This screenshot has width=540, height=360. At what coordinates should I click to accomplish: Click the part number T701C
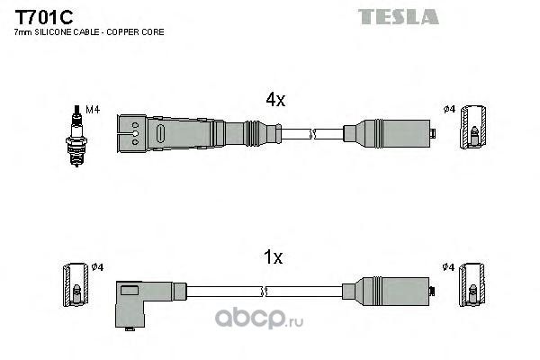[x=44, y=17]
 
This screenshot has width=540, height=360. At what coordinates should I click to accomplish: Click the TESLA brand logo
[x=399, y=16]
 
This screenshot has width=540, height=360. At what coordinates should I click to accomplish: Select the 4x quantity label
[x=275, y=100]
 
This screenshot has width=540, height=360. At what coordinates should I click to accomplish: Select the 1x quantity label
[x=273, y=257]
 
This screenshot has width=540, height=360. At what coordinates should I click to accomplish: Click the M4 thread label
[x=93, y=110]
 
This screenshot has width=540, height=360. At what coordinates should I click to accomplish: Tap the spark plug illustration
[x=76, y=136]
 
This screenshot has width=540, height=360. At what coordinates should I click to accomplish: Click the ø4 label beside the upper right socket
[x=449, y=109]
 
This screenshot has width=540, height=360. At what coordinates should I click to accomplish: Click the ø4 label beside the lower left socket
[x=97, y=266]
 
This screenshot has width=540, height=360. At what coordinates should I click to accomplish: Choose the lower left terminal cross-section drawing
[x=76, y=284]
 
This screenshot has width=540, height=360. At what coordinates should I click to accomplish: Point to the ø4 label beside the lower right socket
[x=449, y=266]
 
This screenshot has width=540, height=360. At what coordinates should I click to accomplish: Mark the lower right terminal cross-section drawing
[x=472, y=284]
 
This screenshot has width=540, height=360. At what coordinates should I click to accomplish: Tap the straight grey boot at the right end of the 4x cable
[x=389, y=134]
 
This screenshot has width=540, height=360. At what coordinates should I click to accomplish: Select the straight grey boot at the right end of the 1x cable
[x=389, y=292]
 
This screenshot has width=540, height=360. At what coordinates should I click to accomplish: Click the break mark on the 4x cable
[x=312, y=134]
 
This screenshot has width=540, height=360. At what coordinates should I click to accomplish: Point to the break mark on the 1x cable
[x=265, y=292]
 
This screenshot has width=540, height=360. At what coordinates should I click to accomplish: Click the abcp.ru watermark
[x=259, y=319]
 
